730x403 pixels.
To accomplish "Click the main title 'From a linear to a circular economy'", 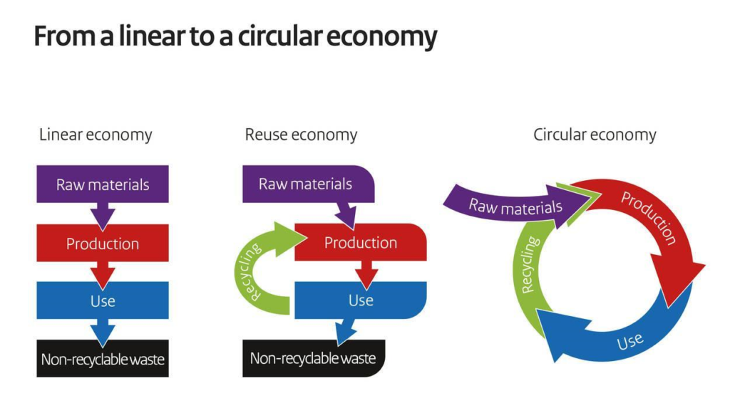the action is [235, 37].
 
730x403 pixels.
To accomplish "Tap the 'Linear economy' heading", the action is [96, 135].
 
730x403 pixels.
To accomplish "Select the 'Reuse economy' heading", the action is [301, 135].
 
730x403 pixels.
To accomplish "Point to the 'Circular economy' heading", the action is [595, 135].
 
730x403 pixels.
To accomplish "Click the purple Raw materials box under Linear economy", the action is [103, 184].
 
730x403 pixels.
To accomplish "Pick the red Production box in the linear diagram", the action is [103, 243].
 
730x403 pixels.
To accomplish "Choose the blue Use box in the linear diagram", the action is [103, 300].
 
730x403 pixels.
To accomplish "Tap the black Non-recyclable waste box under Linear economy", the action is [103, 359].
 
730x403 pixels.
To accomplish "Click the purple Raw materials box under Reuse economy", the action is [308, 184].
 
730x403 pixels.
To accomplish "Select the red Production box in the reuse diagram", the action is [361, 242].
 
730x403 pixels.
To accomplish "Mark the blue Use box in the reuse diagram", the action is [361, 300].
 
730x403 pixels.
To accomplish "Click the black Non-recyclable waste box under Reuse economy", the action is [314, 358].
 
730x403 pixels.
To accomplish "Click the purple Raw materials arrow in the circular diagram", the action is [512, 205].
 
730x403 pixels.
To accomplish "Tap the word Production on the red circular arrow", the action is [649, 217].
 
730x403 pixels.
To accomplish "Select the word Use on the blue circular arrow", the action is [630, 342].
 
